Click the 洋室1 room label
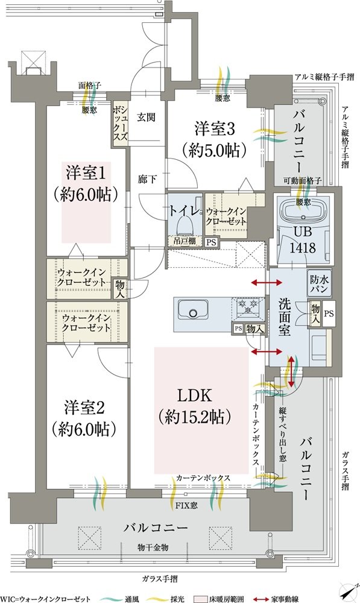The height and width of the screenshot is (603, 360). tap(86, 172)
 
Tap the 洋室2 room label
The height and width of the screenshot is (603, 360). tap(84, 408)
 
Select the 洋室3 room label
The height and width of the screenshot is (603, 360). tap(215, 129)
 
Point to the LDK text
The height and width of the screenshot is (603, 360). tap(195, 396)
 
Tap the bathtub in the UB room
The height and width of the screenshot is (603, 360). tap(303, 210)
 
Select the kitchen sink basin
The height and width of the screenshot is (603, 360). tap(192, 309)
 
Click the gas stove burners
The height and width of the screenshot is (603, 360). tap(248, 307)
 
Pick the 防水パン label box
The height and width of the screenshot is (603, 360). tap(319, 283)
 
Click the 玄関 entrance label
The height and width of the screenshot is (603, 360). tap(147, 117)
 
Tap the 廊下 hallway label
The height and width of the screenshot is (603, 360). tap(147, 179)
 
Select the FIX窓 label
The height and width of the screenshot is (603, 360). tap(186, 505)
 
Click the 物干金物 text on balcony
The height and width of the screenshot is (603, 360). tap(153, 548)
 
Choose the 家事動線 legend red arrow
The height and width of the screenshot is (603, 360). tap(262, 599)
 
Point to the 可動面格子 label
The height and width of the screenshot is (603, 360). tap(303, 180)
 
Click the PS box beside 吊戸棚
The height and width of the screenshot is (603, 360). tap(211, 242)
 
